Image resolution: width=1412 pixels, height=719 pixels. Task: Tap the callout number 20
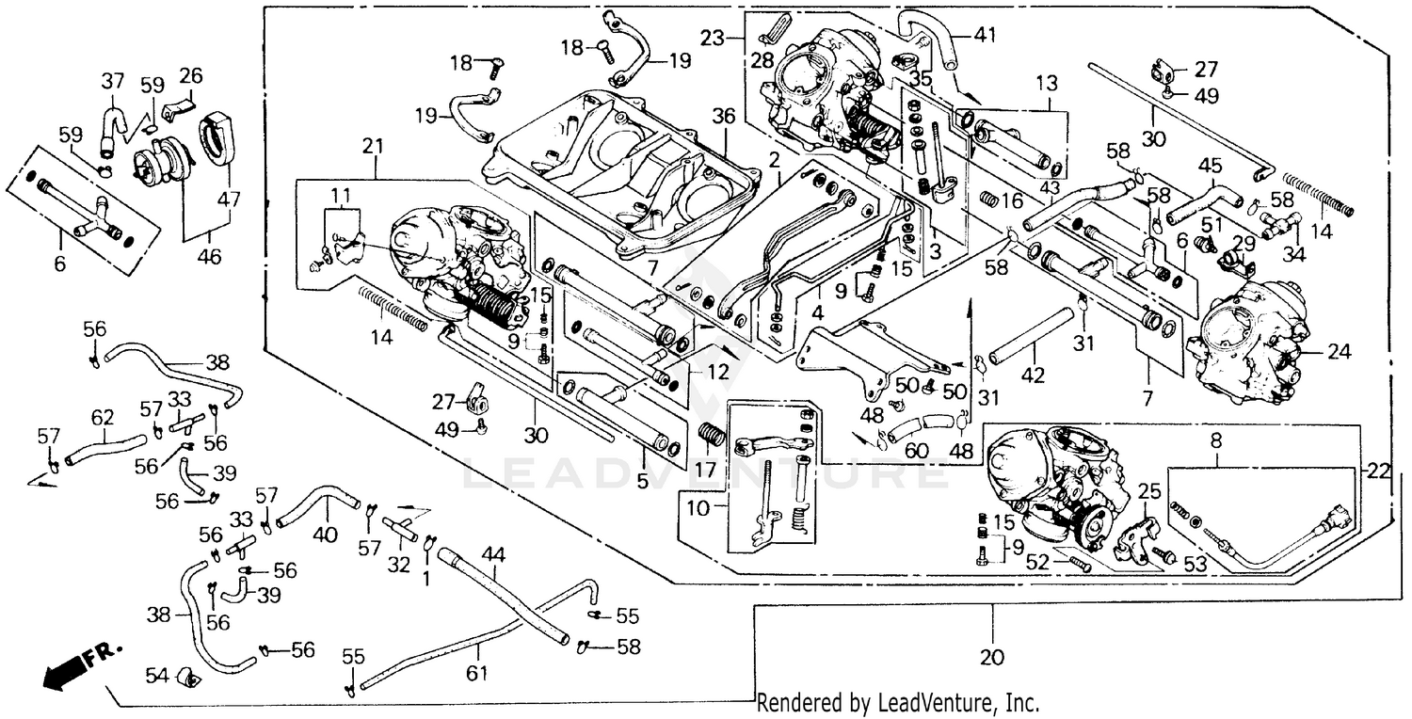992,657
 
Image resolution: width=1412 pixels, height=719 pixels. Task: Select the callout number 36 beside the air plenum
722,116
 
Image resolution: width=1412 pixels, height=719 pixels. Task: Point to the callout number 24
1339,353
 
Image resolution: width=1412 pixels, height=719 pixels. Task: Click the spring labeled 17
713,439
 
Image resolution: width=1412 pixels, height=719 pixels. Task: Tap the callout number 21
373,146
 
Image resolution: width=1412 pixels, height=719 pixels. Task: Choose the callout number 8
1215,438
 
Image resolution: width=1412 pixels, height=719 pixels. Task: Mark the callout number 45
1211,165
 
